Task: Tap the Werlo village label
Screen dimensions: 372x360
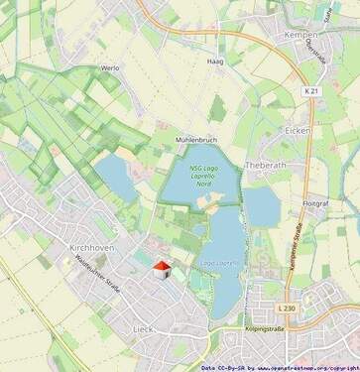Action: (110, 68)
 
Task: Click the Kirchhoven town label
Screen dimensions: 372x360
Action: (94, 243)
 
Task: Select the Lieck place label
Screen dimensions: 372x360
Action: (143, 326)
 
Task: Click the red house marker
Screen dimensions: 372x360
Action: (161, 270)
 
